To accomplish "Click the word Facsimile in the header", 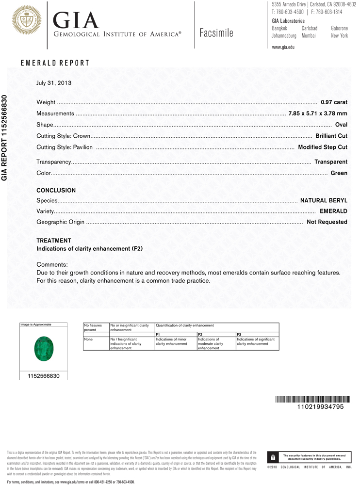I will point(216,33).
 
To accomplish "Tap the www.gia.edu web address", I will point(283,47).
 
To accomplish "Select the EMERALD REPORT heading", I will point(55,63).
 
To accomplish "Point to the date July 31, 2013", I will point(54,83).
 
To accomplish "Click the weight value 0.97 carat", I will point(334,103).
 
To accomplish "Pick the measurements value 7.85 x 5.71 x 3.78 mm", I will point(318,113).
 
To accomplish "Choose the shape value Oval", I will point(341,125).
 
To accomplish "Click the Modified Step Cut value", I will point(323,147).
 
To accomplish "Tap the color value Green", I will point(339,173).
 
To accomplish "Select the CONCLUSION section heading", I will point(56,191).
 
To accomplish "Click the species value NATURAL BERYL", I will point(324,200).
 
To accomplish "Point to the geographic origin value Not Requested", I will point(327,222).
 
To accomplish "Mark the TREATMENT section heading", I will point(54,241).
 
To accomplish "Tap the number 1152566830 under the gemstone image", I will point(43,376).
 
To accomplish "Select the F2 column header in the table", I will point(200,335).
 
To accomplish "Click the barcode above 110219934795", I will point(312,399).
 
